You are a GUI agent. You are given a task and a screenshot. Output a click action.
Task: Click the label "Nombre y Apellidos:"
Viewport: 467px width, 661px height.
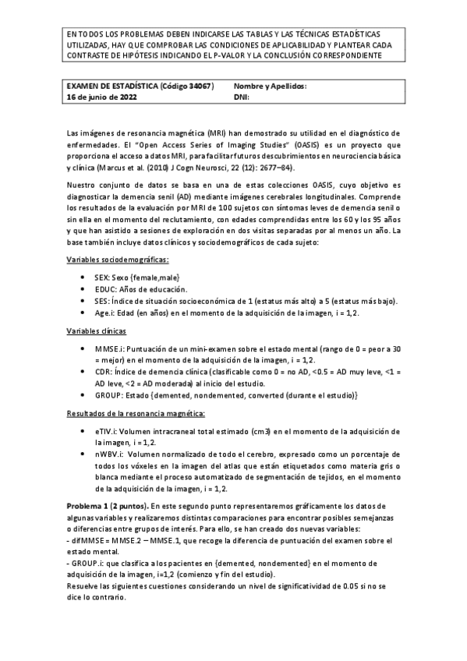coord(270,87)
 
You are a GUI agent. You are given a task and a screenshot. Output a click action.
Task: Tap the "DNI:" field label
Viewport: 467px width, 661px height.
coord(242,98)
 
